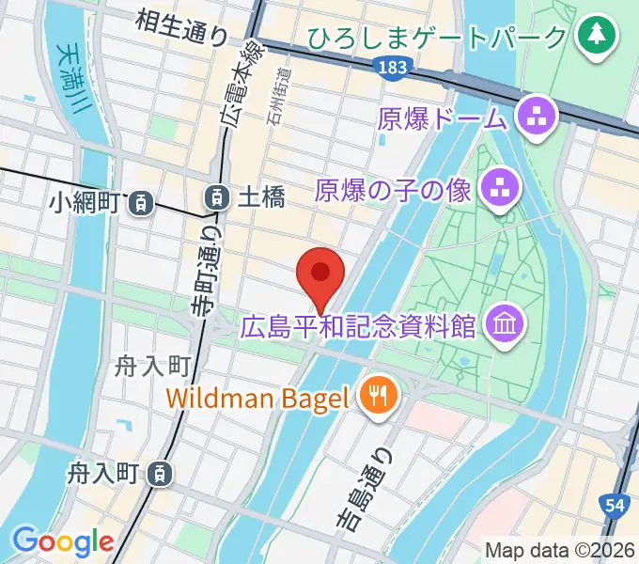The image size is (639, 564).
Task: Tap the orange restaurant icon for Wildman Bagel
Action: (x=379, y=395)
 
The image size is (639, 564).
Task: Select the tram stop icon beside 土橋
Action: (x=216, y=197)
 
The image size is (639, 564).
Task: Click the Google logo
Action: (x=63, y=540)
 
